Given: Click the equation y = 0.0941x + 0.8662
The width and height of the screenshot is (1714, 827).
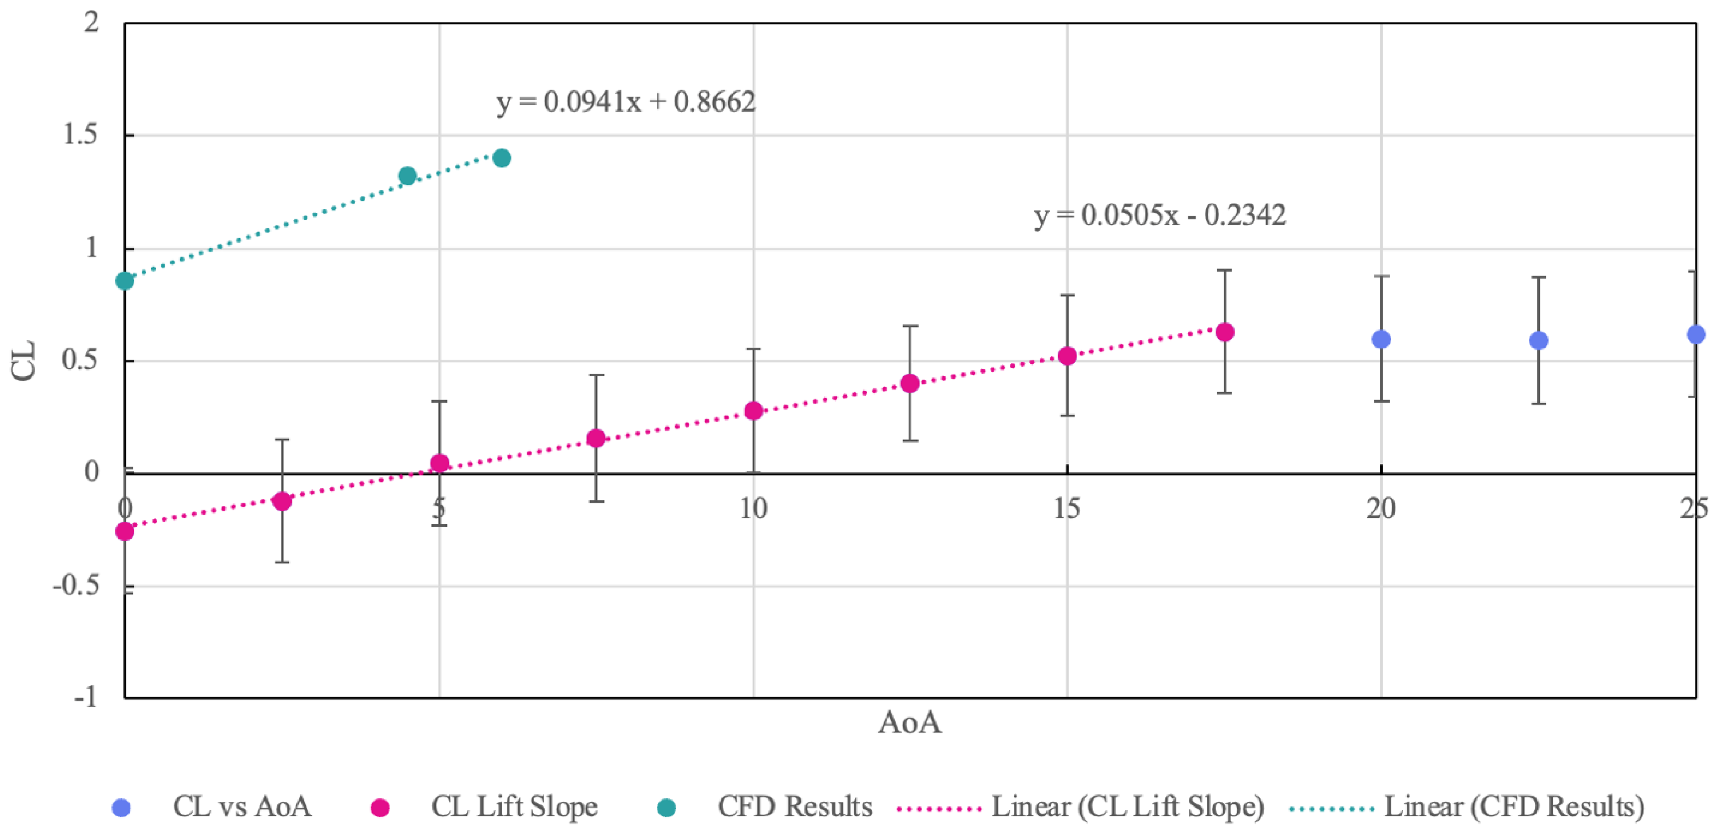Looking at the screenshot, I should coord(626,102).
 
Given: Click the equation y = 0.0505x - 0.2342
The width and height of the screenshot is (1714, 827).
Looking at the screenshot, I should coord(1159,215).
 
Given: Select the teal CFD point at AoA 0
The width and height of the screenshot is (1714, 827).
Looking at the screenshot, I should coord(124,281).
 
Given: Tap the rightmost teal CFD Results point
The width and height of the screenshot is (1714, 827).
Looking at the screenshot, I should coord(502,158).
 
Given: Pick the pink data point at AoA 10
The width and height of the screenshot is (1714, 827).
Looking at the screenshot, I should coord(753,411).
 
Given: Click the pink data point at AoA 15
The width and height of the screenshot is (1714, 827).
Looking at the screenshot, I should coord(1067,356).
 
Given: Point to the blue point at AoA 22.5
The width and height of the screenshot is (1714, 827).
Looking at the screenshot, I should coord(1538,341).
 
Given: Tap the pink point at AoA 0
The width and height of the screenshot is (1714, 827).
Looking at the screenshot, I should coord(124,531).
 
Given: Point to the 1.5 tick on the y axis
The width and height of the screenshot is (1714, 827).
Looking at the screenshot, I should coord(80,135).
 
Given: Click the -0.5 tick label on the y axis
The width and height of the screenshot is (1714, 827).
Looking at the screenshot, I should coord(76,586).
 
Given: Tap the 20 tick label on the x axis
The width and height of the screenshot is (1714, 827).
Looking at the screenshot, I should coord(1381,509).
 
